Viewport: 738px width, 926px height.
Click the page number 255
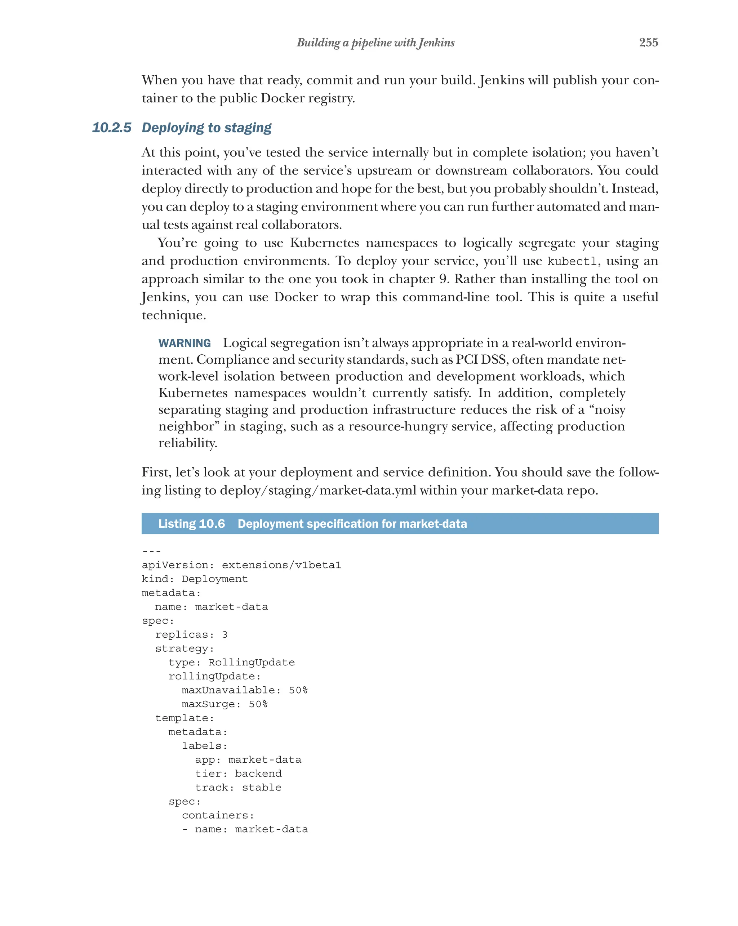[648, 43]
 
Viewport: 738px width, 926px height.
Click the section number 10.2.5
[112, 128]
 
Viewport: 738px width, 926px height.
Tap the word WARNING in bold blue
[184, 343]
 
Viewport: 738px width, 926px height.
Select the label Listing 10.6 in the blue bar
[191, 524]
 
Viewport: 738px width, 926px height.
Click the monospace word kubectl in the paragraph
[572, 262]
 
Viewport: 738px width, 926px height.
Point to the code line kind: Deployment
[195, 579]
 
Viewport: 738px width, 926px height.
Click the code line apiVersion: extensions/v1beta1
[241, 565]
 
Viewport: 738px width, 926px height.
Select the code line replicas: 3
[191, 635]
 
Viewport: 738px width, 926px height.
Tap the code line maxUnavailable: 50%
[245, 690]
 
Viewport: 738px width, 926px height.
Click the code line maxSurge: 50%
[224, 704]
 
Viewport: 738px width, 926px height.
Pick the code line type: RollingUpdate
[231, 663]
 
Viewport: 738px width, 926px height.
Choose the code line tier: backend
[238, 774]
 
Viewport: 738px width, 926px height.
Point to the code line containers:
[218, 815]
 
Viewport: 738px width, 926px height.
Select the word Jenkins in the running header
[436, 43]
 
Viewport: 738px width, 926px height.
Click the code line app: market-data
[248, 760]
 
